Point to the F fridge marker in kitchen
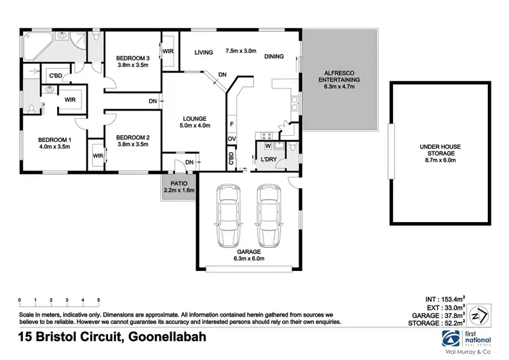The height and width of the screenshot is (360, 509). click(x=231, y=124)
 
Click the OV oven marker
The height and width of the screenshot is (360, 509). click(x=231, y=139)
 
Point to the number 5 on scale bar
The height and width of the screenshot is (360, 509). click(x=99, y=300)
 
